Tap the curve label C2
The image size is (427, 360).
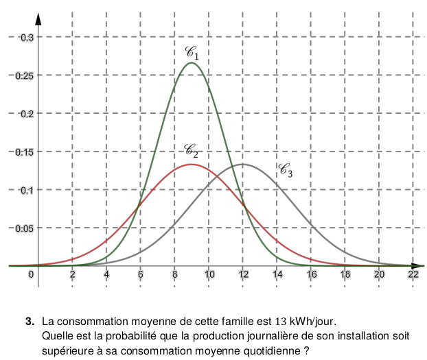coord(191,150)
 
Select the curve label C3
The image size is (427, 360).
coord(286,170)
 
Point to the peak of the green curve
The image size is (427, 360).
coord(191,63)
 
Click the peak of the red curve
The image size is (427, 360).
coord(191,165)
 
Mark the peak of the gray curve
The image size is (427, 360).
coord(243,165)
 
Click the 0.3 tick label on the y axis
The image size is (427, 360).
coord(26,37)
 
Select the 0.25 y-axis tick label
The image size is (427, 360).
coord(24,75)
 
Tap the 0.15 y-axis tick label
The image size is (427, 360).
coord(24,152)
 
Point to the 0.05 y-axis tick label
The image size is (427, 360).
coord(24,228)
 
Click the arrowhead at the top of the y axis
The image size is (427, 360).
coord(38,19)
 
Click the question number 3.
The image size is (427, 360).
coord(30,321)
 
